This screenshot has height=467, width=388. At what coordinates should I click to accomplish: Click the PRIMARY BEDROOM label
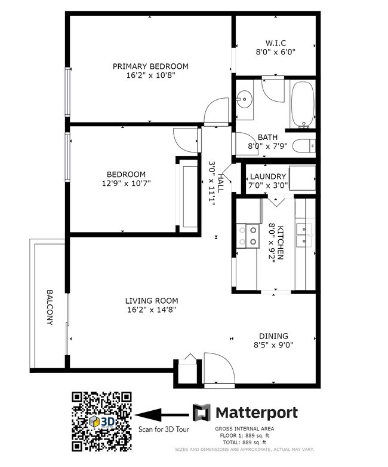[x=150, y=66]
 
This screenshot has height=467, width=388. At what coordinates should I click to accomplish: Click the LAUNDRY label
[x=267, y=176]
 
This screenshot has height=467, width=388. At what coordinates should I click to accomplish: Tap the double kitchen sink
[x=304, y=234]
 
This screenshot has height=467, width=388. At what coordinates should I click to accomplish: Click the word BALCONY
[x=50, y=308]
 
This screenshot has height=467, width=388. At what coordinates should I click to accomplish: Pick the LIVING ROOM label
[x=152, y=301]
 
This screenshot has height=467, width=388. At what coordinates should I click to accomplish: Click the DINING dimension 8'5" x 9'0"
[x=273, y=345]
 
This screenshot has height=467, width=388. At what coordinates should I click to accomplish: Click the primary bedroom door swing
[x=213, y=114]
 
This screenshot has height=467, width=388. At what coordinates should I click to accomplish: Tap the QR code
[x=102, y=421]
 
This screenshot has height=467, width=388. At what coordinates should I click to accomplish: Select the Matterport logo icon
[x=201, y=412]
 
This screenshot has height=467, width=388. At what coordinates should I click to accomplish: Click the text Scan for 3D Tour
[x=162, y=429]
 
